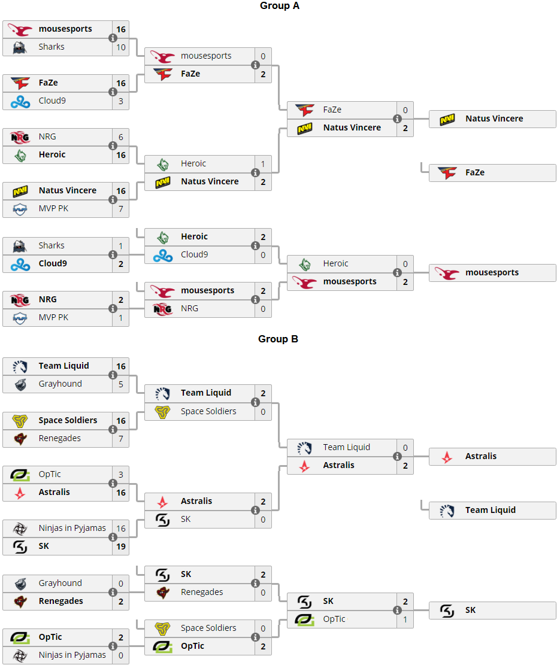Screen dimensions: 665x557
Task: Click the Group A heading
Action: (x=279, y=6)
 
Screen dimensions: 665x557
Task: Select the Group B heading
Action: (x=278, y=339)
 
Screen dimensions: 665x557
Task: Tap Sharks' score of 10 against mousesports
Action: (x=121, y=47)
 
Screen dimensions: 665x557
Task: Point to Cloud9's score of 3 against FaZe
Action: (x=121, y=101)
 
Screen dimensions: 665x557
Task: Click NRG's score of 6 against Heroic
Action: (x=121, y=136)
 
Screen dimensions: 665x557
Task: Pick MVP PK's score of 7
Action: (x=121, y=208)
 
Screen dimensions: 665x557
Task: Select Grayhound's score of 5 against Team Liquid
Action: (x=121, y=384)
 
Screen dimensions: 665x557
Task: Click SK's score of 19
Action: (x=121, y=546)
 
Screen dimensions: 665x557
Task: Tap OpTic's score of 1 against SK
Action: (x=405, y=619)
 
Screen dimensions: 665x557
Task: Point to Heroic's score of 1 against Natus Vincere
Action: (x=263, y=163)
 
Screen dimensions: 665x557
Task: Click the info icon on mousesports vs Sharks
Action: (x=113, y=38)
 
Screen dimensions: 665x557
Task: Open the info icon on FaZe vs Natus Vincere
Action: (x=397, y=119)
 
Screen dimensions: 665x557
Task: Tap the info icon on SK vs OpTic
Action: (x=397, y=611)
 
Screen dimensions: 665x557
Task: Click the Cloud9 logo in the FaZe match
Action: (x=20, y=101)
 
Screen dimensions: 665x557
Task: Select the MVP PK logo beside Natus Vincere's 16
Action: (x=20, y=208)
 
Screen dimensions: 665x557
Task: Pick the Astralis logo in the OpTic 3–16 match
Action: (x=20, y=492)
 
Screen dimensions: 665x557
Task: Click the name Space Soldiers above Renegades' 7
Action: (x=68, y=420)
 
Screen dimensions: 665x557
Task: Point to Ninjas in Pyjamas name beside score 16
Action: (x=72, y=528)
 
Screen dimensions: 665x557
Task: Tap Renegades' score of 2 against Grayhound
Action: (x=121, y=601)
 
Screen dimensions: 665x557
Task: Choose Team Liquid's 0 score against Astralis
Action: (x=405, y=447)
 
